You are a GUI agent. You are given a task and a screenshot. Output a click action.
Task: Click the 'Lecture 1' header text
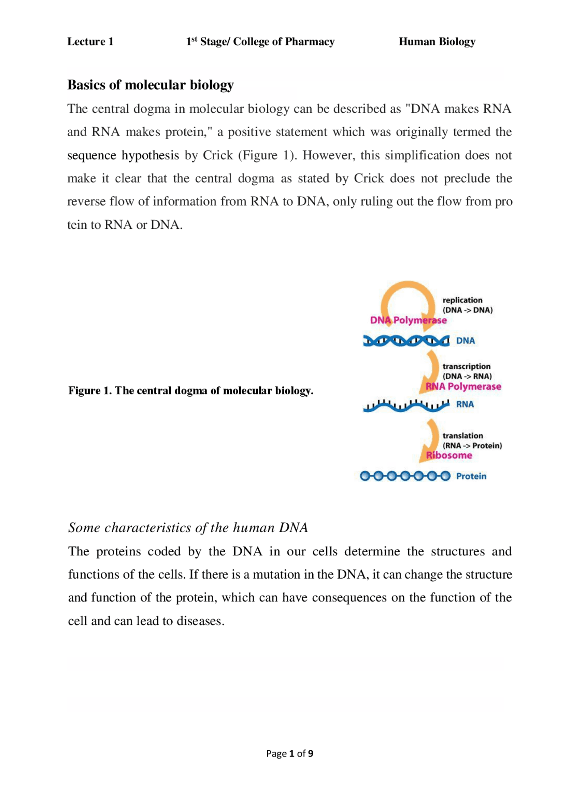tap(90, 41)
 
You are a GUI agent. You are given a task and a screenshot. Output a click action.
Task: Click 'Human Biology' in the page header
tap(437, 41)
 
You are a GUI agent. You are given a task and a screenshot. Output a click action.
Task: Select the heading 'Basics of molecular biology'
tap(150, 85)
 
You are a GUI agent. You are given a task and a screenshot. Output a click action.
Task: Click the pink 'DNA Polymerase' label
tap(408, 320)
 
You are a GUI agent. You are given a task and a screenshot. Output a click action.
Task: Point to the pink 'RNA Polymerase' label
tap(463, 386)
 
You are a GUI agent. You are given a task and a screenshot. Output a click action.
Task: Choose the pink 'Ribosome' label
tap(449, 455)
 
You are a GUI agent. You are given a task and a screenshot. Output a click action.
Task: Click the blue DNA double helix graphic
tap(406, 341)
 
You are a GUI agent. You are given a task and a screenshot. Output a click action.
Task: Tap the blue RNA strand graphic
tap(406, 405)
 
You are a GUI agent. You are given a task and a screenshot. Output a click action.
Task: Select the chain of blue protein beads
tap(405, 476)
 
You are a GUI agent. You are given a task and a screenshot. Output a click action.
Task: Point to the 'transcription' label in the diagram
tap(466, 366)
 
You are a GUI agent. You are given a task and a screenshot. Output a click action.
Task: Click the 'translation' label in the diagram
tap(463, 435)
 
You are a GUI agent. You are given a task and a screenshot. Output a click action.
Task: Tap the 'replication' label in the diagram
tap(462, 300)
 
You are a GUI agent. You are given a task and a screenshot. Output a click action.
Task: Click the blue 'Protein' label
tap(471, 476)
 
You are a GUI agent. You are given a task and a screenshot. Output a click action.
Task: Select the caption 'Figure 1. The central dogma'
tap(190, 391)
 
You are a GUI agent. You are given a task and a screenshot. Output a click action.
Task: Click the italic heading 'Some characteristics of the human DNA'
tap(188, 528)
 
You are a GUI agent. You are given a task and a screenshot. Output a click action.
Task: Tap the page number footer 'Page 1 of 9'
tap(290, 753)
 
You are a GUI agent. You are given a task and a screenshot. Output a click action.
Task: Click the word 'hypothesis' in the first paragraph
tap(150, 155)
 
